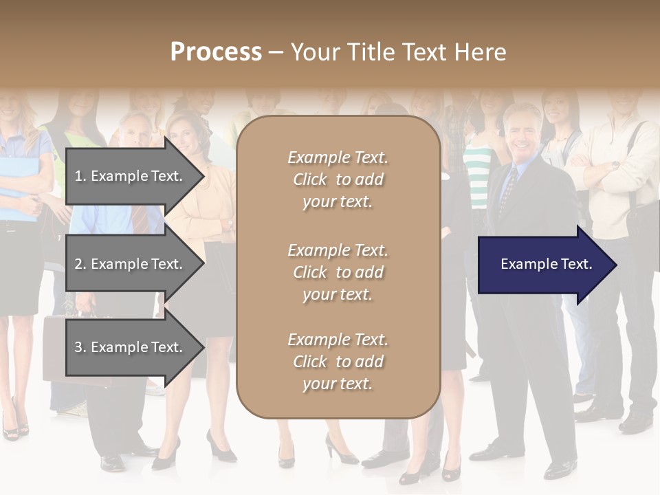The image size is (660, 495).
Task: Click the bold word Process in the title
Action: pos(216,52)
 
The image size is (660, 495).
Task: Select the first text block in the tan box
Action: pos(338,179)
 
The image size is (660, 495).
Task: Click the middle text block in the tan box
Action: pos(338,272)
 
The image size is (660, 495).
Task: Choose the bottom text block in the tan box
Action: pos(338,362)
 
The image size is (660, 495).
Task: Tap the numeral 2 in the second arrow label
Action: pos(78,264)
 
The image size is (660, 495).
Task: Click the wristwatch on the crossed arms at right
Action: pos(614,165)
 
